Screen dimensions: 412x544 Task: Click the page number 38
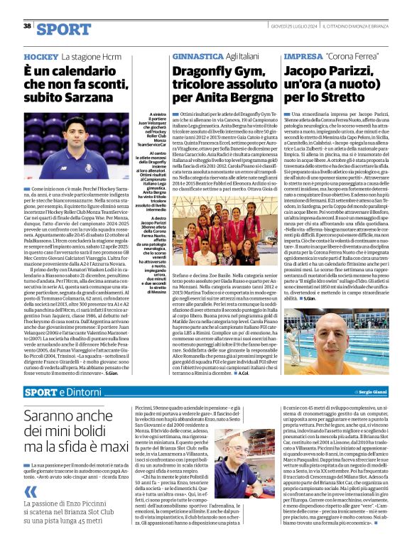click(x=27, y=26)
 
